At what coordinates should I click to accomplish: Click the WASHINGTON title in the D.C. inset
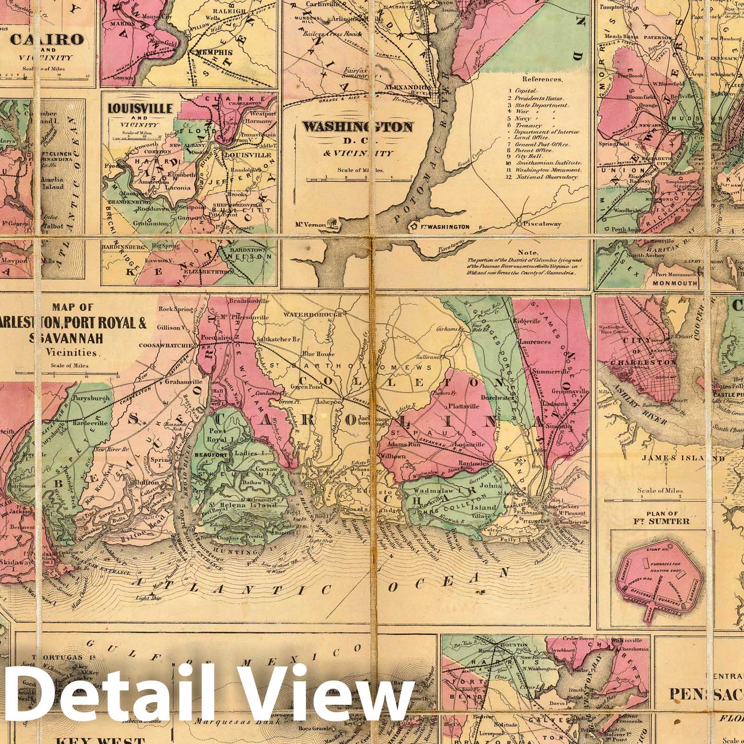pos(357,127)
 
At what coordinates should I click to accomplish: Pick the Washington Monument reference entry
pos(552,170)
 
